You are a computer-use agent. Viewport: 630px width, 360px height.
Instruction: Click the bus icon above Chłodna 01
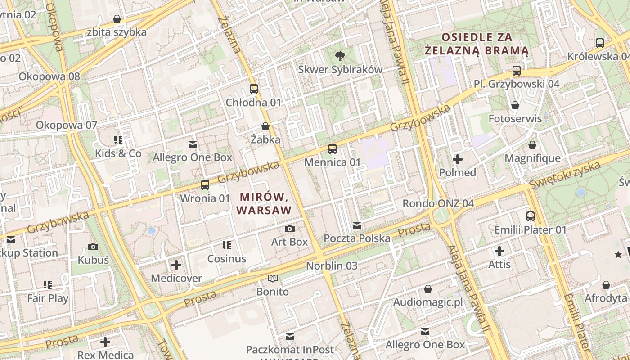[x=254, y=89]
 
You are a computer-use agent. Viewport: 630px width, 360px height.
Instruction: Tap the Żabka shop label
[x=265, y=139]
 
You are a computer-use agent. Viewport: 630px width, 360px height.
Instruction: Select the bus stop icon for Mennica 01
[x=333, y=149]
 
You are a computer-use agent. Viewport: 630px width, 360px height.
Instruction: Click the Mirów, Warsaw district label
[x=264, y=203]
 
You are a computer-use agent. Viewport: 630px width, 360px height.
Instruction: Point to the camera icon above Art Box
[x=290, y=229]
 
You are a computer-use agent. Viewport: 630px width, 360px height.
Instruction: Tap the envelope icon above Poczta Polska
[x=357, y=225]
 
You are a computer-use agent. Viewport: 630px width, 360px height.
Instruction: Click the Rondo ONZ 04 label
[x=438, y=203]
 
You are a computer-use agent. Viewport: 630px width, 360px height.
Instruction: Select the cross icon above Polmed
[x=458, y=159]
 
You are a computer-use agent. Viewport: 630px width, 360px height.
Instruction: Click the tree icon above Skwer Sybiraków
[x=340, y=56]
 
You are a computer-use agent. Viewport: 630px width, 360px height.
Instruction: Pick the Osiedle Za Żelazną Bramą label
[x=477, y=44]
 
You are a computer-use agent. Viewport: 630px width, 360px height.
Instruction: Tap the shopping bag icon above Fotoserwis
[x=515, y=105]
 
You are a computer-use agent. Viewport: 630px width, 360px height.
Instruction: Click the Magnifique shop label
[x=532, y=158]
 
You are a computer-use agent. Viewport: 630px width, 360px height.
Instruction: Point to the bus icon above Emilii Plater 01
[x=531, y=216]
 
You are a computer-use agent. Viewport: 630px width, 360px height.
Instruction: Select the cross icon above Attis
[x=499, y=251]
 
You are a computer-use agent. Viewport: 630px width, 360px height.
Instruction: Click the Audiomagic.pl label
[x=428, y=302]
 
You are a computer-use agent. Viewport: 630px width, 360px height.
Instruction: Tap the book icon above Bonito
[x=273, y=278]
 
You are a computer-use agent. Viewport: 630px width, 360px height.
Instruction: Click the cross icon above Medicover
[x=176, y=265]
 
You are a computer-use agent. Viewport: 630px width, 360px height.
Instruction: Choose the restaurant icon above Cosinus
[x=227, y=245]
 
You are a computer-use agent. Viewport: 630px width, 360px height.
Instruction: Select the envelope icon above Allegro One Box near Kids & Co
[x=193, y=144]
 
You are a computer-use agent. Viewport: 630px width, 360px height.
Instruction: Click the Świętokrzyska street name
[x=565, y=175]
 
